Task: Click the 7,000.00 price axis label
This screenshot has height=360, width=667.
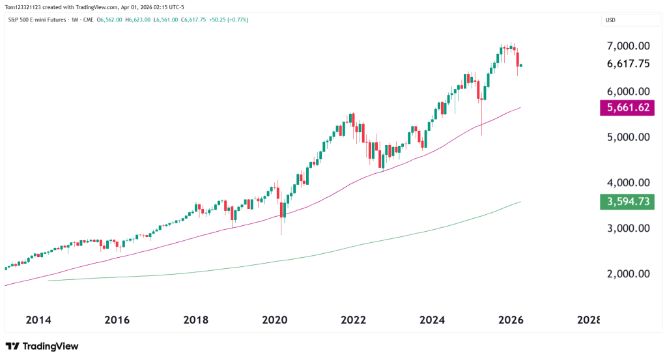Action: (x=628, y=46)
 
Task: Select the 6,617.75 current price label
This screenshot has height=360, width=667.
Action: (x=628, y=64)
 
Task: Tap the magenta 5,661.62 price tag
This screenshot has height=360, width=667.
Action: (x=627, y=107)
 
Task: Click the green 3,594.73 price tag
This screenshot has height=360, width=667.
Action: (x=627, y=201)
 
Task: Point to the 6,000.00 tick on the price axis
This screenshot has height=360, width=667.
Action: (x=628, y=92)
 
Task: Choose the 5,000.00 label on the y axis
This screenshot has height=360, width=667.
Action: (x=628, y=137)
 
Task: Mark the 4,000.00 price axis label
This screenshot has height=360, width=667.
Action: (x=628, y=183)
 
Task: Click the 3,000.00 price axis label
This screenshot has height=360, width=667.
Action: (x=628, y=228)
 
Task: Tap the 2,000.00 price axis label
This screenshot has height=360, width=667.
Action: (x=628, y=274)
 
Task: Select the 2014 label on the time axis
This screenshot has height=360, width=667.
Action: (x=38, y=320)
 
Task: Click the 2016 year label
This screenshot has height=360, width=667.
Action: (x=117, y=320)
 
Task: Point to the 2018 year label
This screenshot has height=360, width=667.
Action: (x=196, y=320)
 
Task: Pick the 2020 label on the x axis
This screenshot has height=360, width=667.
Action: (x=274, y=320)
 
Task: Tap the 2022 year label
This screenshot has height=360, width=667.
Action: (x=353, y=320)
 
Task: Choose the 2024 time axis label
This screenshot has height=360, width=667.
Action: (x=432, y=320)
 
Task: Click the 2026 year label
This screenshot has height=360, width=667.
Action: (x=511, y=320)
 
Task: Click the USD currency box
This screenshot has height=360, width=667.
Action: (x=610, y=20)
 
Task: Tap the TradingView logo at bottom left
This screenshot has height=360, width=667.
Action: (x=42, y=346)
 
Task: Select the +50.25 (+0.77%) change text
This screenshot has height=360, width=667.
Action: (x=225, y=20)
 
